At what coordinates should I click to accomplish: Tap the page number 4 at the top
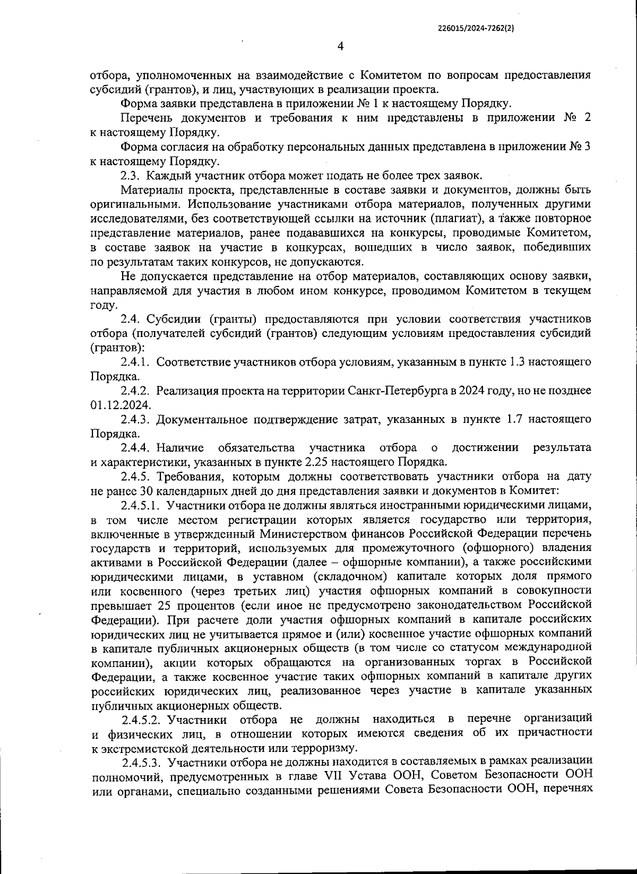click(x=340, y=47)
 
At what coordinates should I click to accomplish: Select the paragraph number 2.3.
click(x=130, y=175)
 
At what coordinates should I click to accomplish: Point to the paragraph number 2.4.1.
click(x=136, y=362)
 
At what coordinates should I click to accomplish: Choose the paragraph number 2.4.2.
click(x=136, y=391)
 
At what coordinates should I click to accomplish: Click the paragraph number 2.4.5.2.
click(x=141, y=719)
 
